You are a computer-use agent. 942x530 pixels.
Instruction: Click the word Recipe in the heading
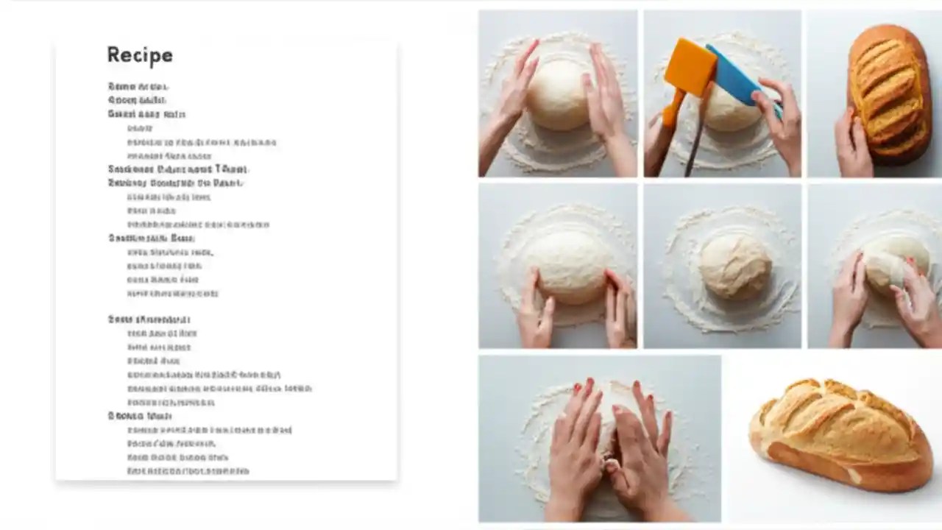click(140, 55)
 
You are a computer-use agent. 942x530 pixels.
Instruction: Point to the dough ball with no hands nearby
click(734, 266)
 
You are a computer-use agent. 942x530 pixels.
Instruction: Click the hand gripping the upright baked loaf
click(854, 144)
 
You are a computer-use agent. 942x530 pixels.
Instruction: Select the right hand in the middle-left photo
click(620, 305)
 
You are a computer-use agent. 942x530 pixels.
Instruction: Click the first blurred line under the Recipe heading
click(138, 87)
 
